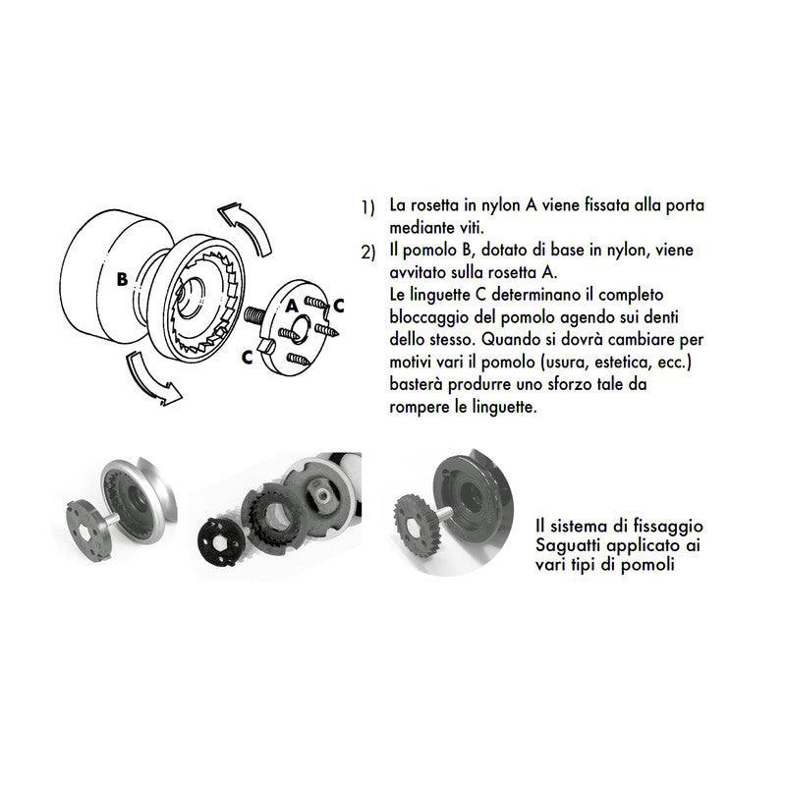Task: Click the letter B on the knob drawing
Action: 121,279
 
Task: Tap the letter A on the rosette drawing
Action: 292,307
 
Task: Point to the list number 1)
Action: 367,207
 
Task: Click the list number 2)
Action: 367,253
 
